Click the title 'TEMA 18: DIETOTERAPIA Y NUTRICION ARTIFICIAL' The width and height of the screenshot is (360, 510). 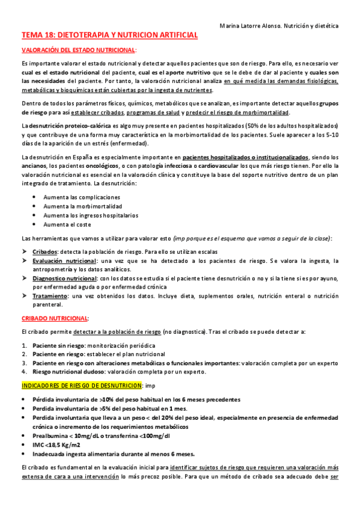pos(109,36)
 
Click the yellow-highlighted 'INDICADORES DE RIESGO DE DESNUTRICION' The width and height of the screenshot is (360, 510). pos(79,386)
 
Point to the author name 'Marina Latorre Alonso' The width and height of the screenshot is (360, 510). pos(252,26)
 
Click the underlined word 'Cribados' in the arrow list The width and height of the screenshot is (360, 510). pos(45,251)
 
